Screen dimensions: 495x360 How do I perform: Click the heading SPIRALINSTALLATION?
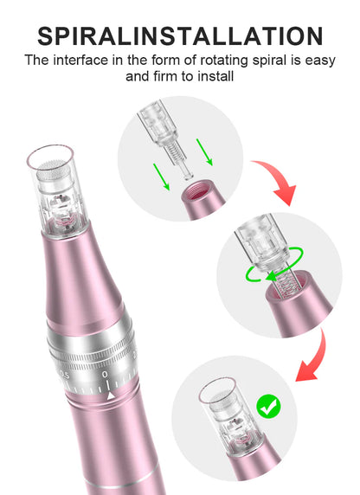point(180,35)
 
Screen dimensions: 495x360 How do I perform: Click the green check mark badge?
point(269,405)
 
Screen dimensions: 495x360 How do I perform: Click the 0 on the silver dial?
point(105,376)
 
